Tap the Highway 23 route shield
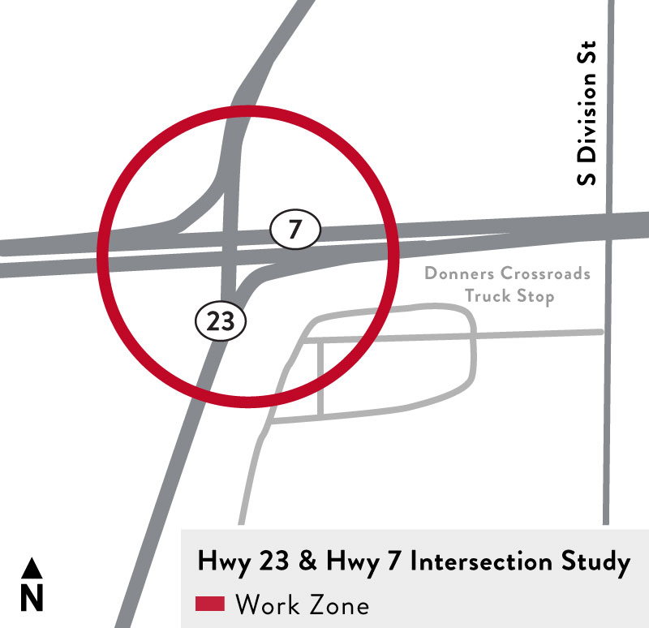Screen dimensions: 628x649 pyautogui.click(x=220, y=321)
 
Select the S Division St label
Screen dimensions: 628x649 pyautogui.click(x=586, y=113)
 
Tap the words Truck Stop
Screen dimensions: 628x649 pyautogui.click(x=509, y=295)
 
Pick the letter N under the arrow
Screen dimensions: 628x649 pyautogui.click(x=31, y=598)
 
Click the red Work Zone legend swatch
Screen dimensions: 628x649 pyautogui.click(x=210, y=604)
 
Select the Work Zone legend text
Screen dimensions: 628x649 pyautogui.click(x=302, y=604)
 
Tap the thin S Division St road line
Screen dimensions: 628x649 pyautogui.click(x=608, y=406)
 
